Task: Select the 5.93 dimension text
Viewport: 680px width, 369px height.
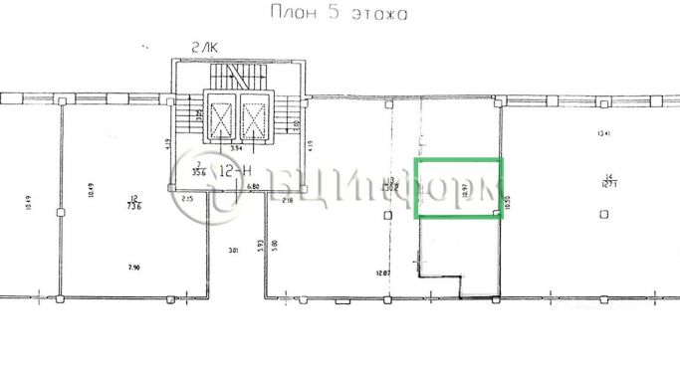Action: [x=260, y=243]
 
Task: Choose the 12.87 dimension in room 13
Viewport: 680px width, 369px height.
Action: [x=384, y=271]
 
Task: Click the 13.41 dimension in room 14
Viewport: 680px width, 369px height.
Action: [x=600, y=133]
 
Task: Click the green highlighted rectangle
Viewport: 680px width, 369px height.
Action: [x=458, y=187]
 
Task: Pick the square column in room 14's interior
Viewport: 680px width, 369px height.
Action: [x=604, y=214]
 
